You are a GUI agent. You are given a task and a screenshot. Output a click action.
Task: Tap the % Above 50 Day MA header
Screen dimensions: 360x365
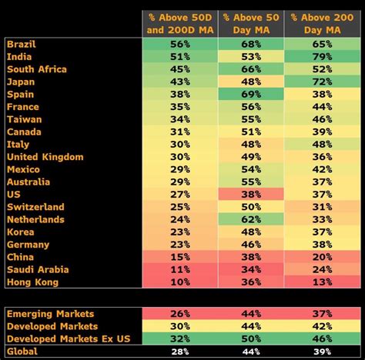pos(250,24)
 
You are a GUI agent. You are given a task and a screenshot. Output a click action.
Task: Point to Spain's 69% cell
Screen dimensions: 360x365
pos(250,95)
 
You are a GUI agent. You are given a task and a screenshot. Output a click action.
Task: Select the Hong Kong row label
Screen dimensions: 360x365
pos(32,282)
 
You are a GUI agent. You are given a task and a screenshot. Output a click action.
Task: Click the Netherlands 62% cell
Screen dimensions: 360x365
pos(250,220)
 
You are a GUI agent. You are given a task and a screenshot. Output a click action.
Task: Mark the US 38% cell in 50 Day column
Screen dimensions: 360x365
pos(250,195)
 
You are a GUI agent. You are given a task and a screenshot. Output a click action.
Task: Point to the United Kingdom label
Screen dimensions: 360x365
pos(45,157)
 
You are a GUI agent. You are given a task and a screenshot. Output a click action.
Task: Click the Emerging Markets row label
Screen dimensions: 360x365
pos(50,314)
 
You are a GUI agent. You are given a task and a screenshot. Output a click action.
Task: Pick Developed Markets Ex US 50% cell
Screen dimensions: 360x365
pos(250,338)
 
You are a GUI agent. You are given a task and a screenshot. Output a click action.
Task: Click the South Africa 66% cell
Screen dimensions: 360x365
pos(250,69)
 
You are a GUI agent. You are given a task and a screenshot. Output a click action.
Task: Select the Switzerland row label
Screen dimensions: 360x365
pos(35,207)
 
